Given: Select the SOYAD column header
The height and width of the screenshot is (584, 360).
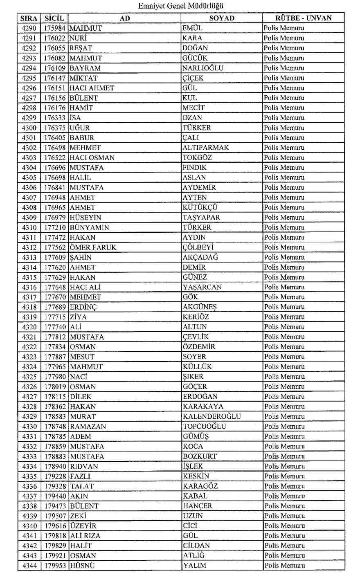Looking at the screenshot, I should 221,18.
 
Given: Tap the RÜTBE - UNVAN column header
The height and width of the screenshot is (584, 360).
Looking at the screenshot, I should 303,18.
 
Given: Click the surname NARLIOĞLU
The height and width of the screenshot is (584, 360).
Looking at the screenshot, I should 203,68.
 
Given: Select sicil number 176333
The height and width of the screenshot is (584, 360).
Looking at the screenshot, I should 55,118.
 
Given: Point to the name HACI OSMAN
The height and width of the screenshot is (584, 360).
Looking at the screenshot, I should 92,157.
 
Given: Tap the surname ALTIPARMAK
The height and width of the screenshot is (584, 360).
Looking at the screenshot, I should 206,148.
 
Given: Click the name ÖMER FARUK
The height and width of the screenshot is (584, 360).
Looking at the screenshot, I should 93,247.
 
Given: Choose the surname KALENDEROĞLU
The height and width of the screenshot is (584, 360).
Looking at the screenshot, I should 211,416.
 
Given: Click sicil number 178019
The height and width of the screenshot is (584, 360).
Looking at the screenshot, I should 55,387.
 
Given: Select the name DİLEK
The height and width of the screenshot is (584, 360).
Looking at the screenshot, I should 81,397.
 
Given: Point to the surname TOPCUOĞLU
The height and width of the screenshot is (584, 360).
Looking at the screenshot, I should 210,427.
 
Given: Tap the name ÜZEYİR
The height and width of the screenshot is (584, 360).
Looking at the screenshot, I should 83,526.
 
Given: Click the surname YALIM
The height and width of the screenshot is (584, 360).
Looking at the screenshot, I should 194,566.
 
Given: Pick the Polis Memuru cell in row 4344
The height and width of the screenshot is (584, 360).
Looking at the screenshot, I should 284,566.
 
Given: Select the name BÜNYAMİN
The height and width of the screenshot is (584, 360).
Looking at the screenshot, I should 89,227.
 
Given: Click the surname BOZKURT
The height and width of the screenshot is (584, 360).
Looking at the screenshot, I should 200,456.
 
